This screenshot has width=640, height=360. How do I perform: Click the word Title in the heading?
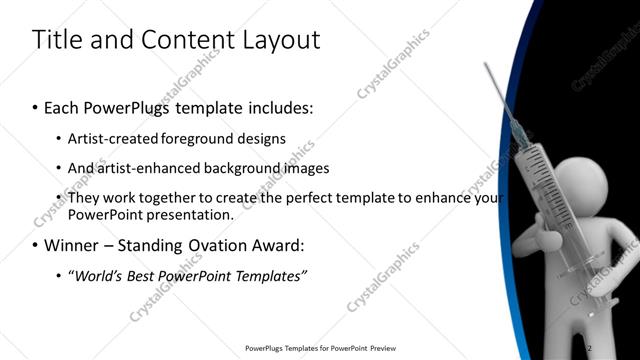pos(56,40)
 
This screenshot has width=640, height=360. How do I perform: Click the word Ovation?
pos(215,245)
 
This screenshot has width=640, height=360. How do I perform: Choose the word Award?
pos(279,245)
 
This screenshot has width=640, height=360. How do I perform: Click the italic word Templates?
pos(269,275)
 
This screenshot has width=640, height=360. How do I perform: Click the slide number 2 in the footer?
pos(589,348)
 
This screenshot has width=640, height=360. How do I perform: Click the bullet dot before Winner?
pos(36,245)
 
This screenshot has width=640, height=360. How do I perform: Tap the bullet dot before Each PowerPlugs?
pos(36,105)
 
